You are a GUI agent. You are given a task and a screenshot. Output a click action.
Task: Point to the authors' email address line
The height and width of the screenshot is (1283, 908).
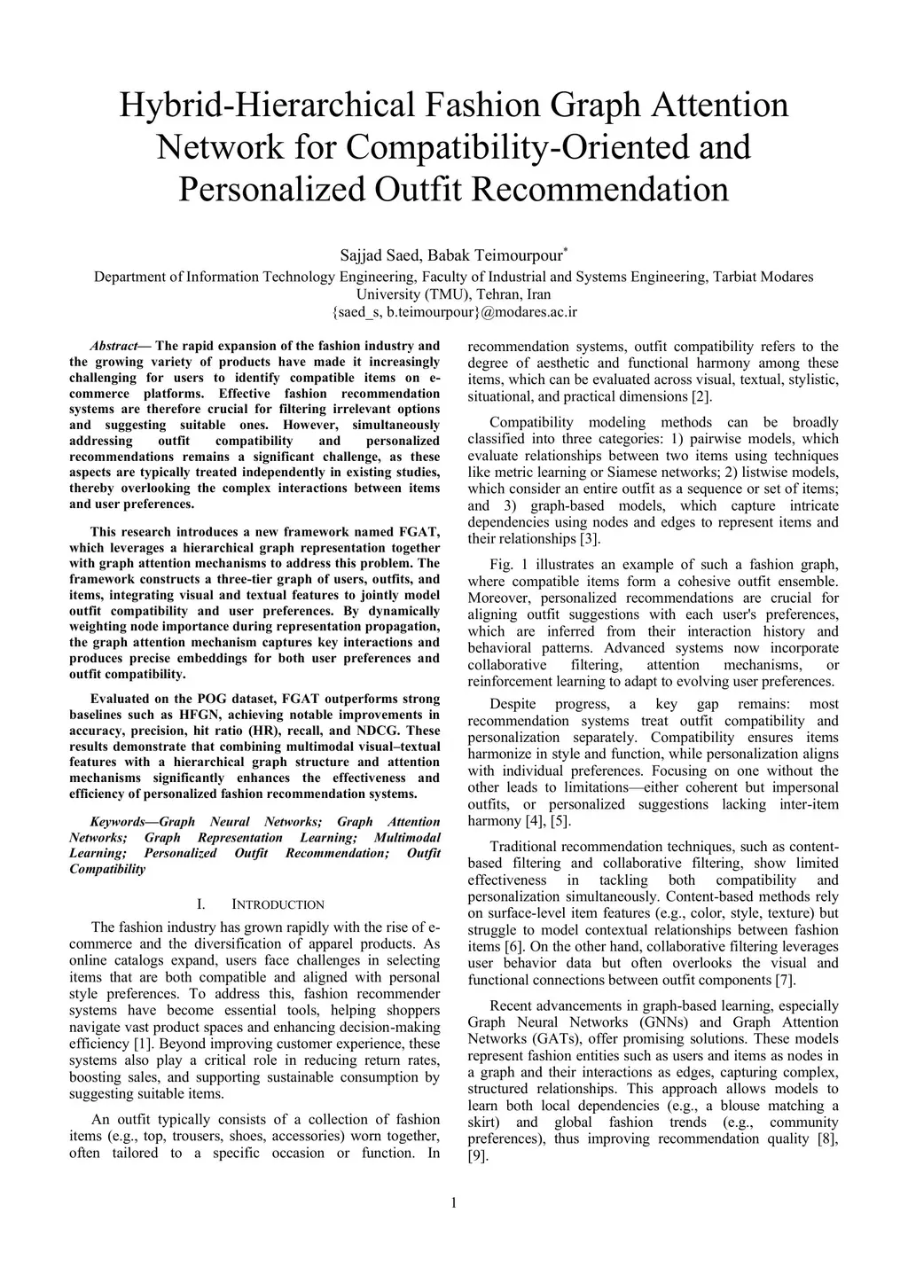[x=454, y=311]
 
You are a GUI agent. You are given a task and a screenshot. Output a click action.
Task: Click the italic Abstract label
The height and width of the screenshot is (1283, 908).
[x=113, y=346]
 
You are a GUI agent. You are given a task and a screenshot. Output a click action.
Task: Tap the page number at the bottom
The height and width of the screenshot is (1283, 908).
[x=454, y=1203]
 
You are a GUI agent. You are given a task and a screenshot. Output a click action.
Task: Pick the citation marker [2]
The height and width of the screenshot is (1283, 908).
[x=701, y=396]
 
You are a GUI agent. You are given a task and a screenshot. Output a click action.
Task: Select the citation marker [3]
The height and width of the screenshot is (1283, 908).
[x=590, y=539]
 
